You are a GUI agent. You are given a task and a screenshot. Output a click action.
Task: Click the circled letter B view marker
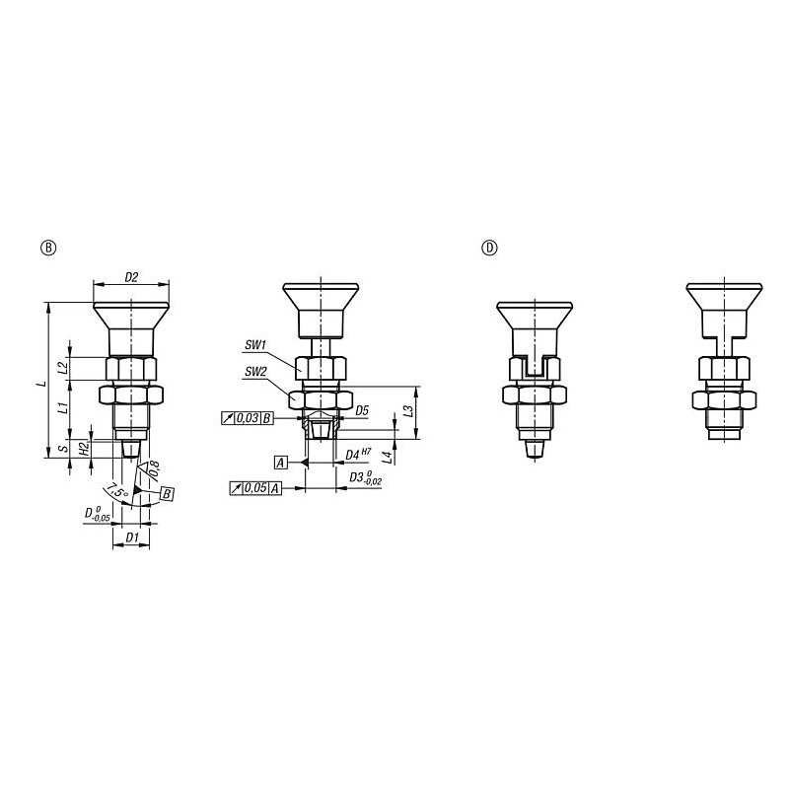point(48,248)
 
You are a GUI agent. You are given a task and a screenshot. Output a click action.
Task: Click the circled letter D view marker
point(489,248)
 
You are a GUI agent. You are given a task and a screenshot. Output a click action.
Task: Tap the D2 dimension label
point(131,277)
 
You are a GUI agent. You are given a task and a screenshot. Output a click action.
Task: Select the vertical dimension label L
point(43,384)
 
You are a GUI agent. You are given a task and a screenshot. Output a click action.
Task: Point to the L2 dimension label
point(63,368)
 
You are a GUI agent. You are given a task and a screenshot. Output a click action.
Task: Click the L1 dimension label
point(63,407)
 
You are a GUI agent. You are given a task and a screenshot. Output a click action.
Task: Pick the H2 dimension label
point(85,447)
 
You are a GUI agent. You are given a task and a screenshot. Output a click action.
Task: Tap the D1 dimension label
point(131,538)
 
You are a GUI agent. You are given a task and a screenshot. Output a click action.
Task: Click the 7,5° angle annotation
point(116,490)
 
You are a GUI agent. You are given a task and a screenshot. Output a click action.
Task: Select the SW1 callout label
point(255,345)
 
